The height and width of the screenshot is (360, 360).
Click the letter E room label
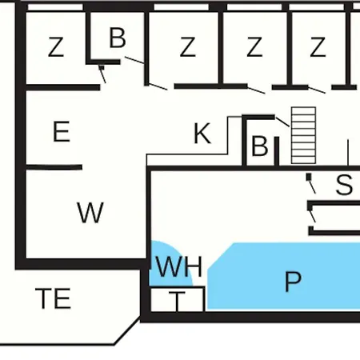click(x=62, y=131)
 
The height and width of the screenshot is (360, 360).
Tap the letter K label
click(x=202, y=133)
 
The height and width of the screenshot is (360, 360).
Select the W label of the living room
click(x=90, y=213)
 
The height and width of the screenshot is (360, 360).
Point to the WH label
click(x=179, y=266)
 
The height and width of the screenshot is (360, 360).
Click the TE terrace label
click(x=53, y=298)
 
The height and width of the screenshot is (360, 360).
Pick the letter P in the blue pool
click(x=293, y=282)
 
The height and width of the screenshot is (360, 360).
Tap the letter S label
click(x=344, y=184)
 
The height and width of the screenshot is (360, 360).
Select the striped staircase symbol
click(x=303, y=135)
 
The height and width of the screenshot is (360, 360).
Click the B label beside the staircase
click(x=259, y=146)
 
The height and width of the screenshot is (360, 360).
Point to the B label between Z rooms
click(x=118, y=38)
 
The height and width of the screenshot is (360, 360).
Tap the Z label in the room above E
click(x=56, y=47)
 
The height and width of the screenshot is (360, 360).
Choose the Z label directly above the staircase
click(x=318, y=47)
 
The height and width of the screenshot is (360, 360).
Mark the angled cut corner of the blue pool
click(x=221, y=256)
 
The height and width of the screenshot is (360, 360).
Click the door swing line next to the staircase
click(x=282, y=122)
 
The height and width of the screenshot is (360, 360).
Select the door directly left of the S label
click(x=311, y=183)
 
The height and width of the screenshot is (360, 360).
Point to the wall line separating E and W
click(x=54, y=167)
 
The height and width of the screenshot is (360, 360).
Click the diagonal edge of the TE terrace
click(x=127, y=330)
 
